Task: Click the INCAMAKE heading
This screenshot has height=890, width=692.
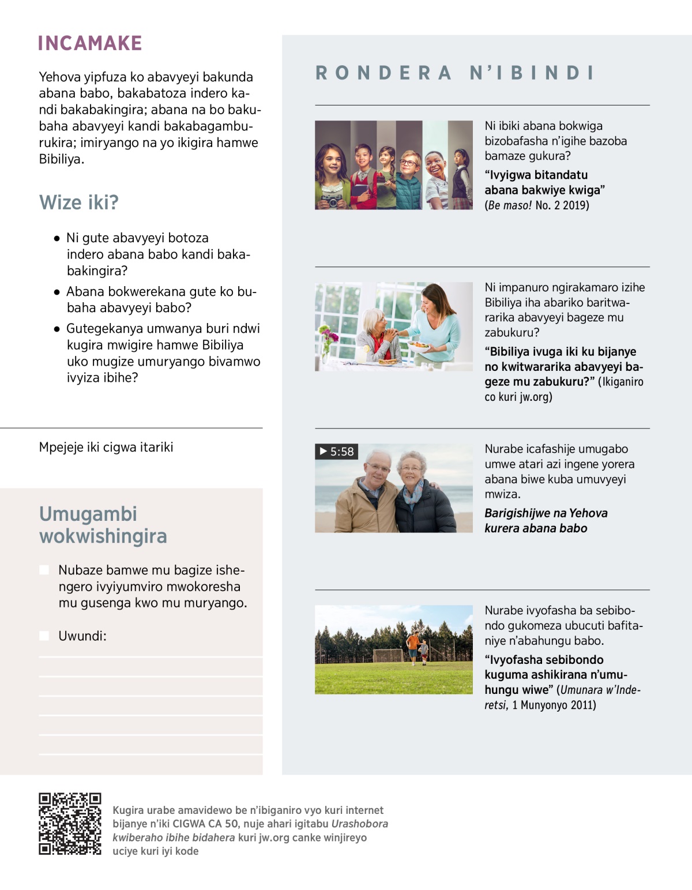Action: (90, 43)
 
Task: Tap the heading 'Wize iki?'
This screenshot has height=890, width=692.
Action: (79, 202)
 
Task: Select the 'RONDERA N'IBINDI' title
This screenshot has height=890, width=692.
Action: (455, 73)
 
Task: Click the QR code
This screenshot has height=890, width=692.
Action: (70, 823)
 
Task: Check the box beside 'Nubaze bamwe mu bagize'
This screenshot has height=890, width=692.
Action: (44, 570)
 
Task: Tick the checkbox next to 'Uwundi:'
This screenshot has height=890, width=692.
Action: (44, 636)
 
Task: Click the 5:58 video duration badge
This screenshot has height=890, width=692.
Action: (337, 452)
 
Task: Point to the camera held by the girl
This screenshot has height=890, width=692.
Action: (332, 200)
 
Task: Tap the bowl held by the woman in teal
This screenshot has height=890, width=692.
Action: (419, 346)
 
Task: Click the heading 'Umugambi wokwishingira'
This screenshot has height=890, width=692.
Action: (103, 525)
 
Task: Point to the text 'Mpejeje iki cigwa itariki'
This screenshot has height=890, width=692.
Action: (106, 447)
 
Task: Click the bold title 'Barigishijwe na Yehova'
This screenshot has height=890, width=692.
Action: (546, 513)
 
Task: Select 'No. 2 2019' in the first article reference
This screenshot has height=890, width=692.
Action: (562, 205)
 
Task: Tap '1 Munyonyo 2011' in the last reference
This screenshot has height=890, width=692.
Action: (554, 705)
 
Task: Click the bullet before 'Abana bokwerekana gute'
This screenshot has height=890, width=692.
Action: (57, 292)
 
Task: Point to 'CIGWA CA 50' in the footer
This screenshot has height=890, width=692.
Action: (205, 824)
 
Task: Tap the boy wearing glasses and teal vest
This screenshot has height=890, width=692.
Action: (410, 179)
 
